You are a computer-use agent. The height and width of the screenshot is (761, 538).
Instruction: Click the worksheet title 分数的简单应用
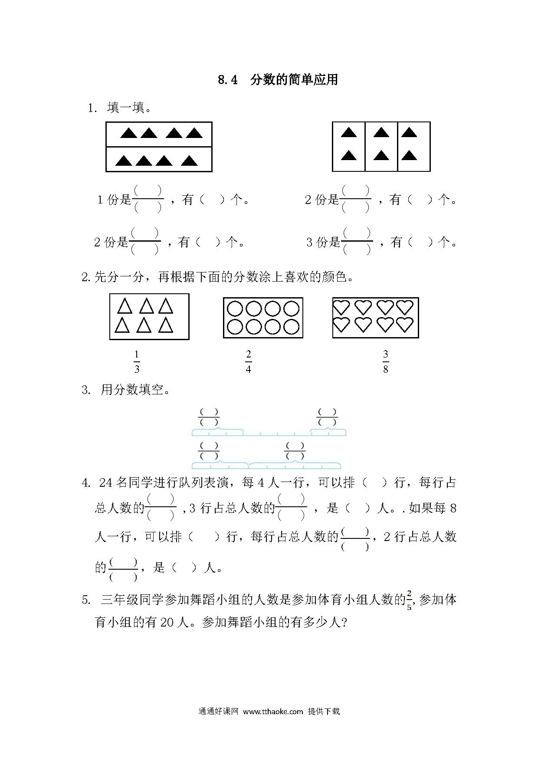coord(294,80)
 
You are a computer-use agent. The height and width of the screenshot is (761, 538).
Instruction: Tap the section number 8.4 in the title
coord(228,80)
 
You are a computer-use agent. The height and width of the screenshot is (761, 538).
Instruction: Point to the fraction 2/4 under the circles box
coord(248,362)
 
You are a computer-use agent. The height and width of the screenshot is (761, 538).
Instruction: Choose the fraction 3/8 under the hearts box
coord(386,362)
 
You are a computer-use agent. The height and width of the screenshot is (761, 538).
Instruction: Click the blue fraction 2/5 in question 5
coord(409,600)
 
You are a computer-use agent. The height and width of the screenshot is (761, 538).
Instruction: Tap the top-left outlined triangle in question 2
coord(125,306)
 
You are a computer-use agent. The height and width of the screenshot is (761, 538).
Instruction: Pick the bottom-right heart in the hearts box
coord(405,325)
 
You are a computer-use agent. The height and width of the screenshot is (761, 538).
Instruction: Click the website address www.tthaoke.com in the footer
coord(272,712)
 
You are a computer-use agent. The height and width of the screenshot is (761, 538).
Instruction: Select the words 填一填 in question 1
coord(125,108)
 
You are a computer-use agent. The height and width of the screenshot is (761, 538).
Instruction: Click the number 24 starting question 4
coord(106,483)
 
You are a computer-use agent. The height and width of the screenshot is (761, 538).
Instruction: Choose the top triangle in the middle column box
coord(381,132)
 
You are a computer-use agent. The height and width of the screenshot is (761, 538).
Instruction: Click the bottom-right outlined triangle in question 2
coord(166,325)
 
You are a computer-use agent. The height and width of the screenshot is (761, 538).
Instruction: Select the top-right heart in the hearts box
coord(405,307)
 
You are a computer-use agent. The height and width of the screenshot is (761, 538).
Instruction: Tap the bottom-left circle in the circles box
coord(235,327)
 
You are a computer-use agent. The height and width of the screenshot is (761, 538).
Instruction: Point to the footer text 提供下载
coord(324,712)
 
